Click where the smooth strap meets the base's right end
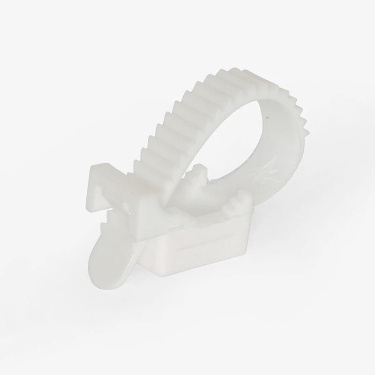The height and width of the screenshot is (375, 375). (262, 197)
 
